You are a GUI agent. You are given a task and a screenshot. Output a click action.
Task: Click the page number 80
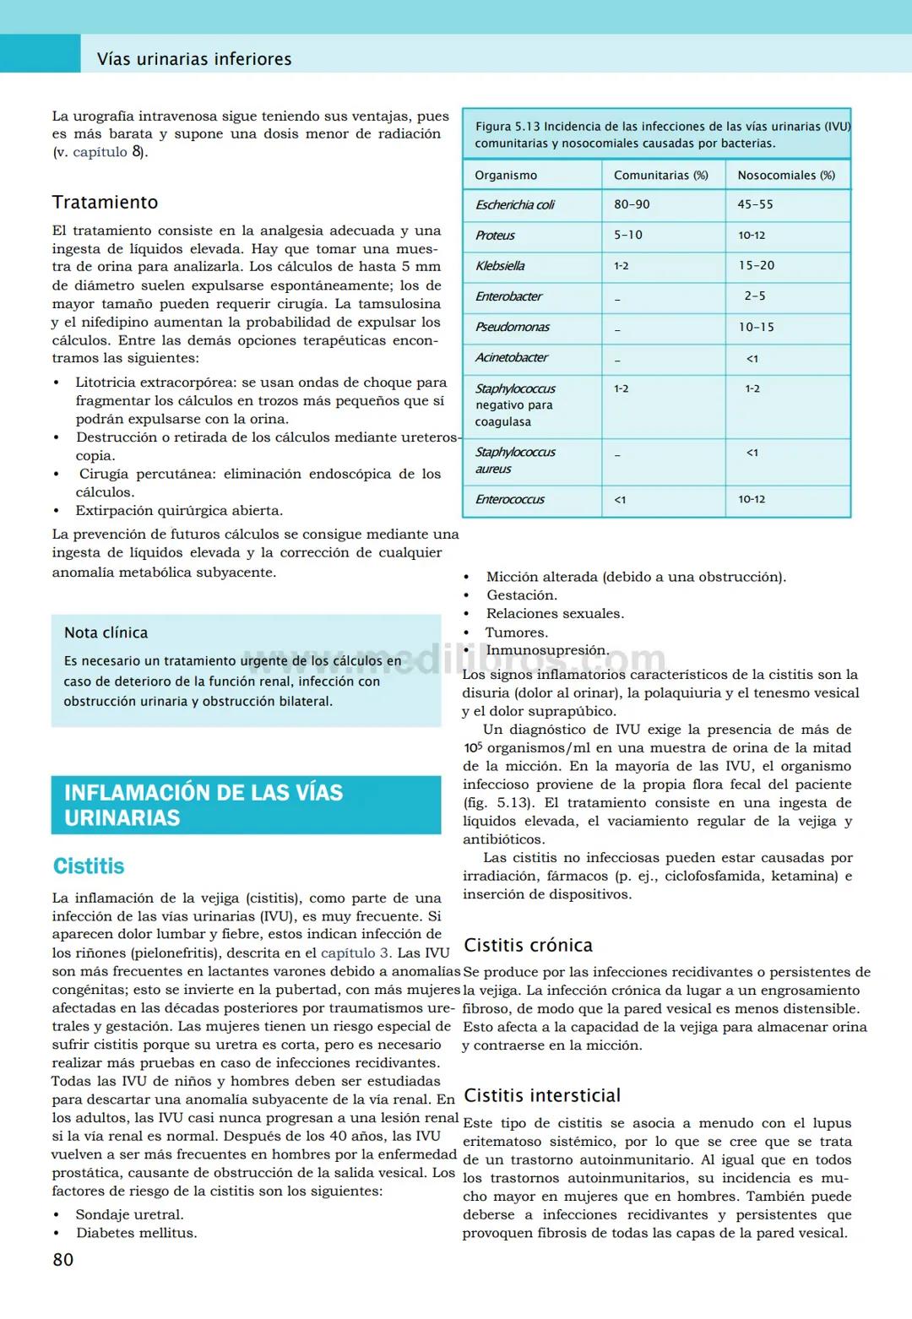[x=63, y=1259]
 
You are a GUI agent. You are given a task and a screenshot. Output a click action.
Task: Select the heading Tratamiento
[x=105, y=202]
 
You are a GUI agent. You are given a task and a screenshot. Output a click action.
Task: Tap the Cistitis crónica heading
[x=528, y=945]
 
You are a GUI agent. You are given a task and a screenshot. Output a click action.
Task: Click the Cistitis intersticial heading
[x=542, y=1095]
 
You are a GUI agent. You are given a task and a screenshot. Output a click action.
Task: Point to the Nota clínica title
[x=106, y=632]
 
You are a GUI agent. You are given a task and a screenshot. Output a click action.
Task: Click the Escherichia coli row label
[x=515, y=204]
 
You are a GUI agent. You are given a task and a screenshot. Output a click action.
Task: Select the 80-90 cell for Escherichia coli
[x=632, y=204]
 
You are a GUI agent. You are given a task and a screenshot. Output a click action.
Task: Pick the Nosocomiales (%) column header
[x=785, y=175]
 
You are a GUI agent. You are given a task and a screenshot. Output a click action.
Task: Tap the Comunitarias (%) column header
[x=660, y=175]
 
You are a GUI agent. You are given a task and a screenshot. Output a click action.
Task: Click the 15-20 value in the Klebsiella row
[x=756, y=265]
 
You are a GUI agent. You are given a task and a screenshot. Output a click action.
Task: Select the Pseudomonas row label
[x=512, y=327]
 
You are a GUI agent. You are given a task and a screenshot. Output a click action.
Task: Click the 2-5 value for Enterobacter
[x=754, y=296]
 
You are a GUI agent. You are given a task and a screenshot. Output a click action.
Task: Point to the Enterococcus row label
[x=509, y=499]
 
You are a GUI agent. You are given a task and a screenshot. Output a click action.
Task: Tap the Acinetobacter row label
[x=511, y=357]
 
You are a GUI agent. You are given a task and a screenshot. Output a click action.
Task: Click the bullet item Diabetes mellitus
[x=136, y=1233]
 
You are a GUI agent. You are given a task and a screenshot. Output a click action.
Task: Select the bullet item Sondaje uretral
[x=129, y=1214]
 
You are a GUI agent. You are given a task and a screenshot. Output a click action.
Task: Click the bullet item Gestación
[x=521, y=595]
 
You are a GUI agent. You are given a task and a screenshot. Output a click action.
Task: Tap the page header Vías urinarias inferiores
[x=194, y=59]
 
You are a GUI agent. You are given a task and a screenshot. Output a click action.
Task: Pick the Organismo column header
[x=506, y=175]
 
